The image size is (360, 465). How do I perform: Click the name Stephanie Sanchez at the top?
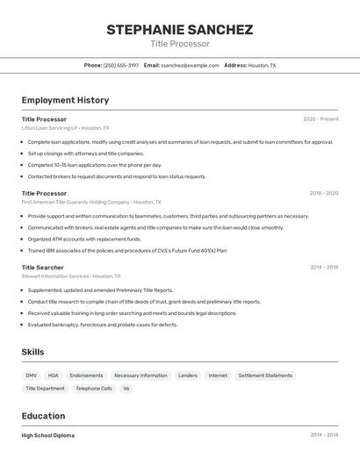click(x=179, y=29)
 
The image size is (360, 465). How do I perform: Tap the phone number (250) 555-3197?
click(x=121, y=65)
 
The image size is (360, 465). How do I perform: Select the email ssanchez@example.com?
click(x=190, y=65)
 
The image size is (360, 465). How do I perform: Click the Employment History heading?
click(x=65, y=100)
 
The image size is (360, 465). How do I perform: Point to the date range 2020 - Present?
click(x=320, y=119)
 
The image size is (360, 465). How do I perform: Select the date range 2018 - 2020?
click(x=323, y=193)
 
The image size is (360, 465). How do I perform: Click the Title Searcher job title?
click(x=43, y=267)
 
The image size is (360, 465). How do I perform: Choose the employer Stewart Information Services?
click(x=55, y=275)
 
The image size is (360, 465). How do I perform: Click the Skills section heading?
click(x=33, y=352)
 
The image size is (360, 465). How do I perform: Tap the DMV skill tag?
click(x=32, y=376)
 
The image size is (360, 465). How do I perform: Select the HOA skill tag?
click(x=54, y=376)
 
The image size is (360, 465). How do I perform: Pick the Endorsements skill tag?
click(x=86, y=376)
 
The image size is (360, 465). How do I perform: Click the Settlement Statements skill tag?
click(x=265, y=376)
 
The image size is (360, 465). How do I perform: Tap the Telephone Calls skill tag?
click(x=94, y=388)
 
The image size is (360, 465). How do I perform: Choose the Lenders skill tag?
click(x=188, y=376)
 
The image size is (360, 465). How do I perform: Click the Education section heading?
click(x=43, y=416)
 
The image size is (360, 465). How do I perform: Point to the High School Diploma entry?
click(x=48, y=435)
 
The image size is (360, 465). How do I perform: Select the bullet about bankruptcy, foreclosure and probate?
click(x=103, y=325)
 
